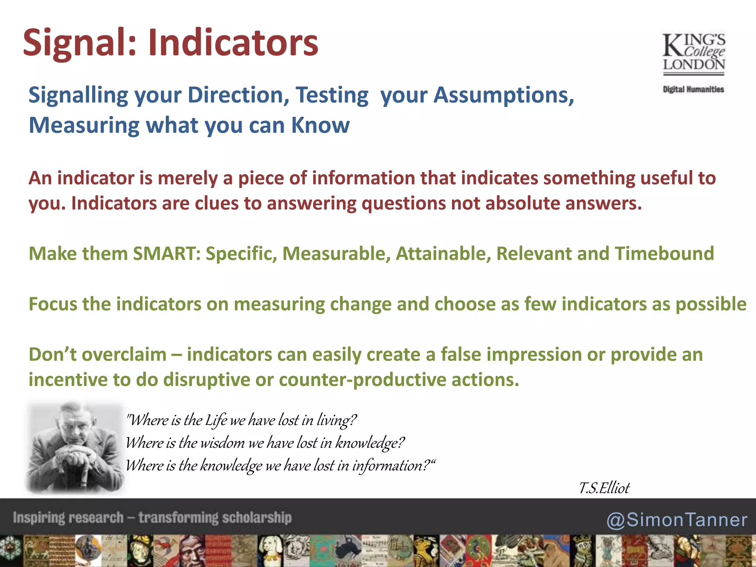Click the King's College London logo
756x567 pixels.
(x=694, y=54)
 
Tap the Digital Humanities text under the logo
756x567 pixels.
(x=693, y=89)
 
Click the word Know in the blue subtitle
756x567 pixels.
(x=320, y=126)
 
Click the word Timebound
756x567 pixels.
(x=664, y=254)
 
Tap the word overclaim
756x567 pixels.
(x=124, y=355)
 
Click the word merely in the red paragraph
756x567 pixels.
(x=188, y=178)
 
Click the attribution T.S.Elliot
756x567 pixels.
(x=604, y=488)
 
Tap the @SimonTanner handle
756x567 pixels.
(x=677, y=520)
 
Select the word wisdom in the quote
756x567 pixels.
(x=222, y=443)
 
